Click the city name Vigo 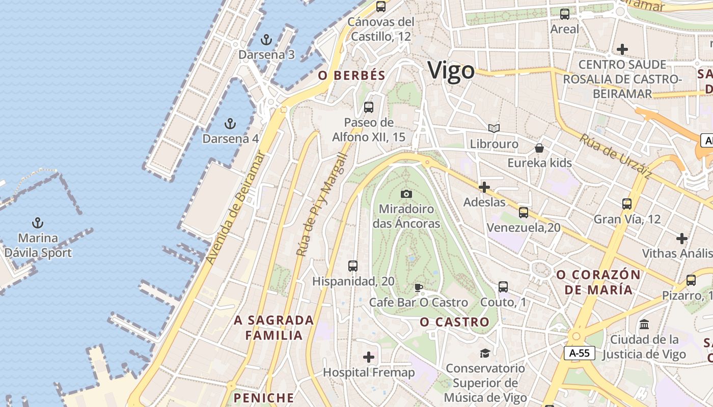(x=451, y=71)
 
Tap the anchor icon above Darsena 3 (x=266, y=40)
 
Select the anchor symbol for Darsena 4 (x=230, y=123)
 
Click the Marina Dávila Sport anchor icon (x=37, y=222)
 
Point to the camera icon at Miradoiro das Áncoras (x=406, y=194)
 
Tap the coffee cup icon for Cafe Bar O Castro (x=419, y=287)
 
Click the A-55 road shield (x=580, y=353)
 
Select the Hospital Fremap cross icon (x=369, y=357)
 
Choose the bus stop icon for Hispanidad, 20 (x=352, y=266)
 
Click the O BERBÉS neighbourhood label (x=352, y=76)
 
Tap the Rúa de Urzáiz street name (x=615, y=156)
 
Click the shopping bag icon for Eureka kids (x=539, y=148)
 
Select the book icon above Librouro (x=493, y=128)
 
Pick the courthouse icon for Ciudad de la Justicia (x=644, y=324)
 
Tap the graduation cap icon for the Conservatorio (x=485, y=353)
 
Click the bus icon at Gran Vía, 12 (x=627, y=204)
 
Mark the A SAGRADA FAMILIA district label (x=274, y=328)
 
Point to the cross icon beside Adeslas (x=484, y=187)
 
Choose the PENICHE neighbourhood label (x=264, y=397)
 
